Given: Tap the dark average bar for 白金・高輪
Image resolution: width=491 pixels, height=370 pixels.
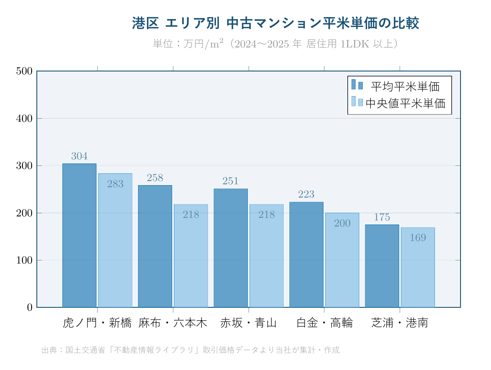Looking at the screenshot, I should coord(306,255).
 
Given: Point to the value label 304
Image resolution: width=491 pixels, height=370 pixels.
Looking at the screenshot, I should coord(79,156).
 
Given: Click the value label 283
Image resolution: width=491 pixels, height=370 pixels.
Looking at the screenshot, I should coord(115,184).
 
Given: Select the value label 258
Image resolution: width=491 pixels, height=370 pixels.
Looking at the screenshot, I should coord(155,178).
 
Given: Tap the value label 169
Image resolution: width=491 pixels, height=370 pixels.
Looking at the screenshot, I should coord(418,238).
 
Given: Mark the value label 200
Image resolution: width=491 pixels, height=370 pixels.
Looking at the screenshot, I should coord(342,223).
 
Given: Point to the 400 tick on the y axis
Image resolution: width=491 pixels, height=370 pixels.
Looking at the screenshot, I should coord(24,118).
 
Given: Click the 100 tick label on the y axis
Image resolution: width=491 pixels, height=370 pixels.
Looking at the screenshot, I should coord(24,260).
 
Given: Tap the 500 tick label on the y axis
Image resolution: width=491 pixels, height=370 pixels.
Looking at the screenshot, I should coord(24,71).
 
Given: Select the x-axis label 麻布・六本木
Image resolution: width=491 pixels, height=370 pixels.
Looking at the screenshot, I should coord(173,323).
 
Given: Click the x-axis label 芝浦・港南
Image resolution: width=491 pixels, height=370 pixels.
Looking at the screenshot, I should coord(400,323).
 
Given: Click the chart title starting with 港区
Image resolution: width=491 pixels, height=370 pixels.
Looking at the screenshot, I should coord(276,23).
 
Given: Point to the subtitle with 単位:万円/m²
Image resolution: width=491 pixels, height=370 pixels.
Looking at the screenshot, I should coord(276,44).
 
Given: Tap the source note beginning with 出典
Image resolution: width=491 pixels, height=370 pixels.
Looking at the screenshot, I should coord(191,350).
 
